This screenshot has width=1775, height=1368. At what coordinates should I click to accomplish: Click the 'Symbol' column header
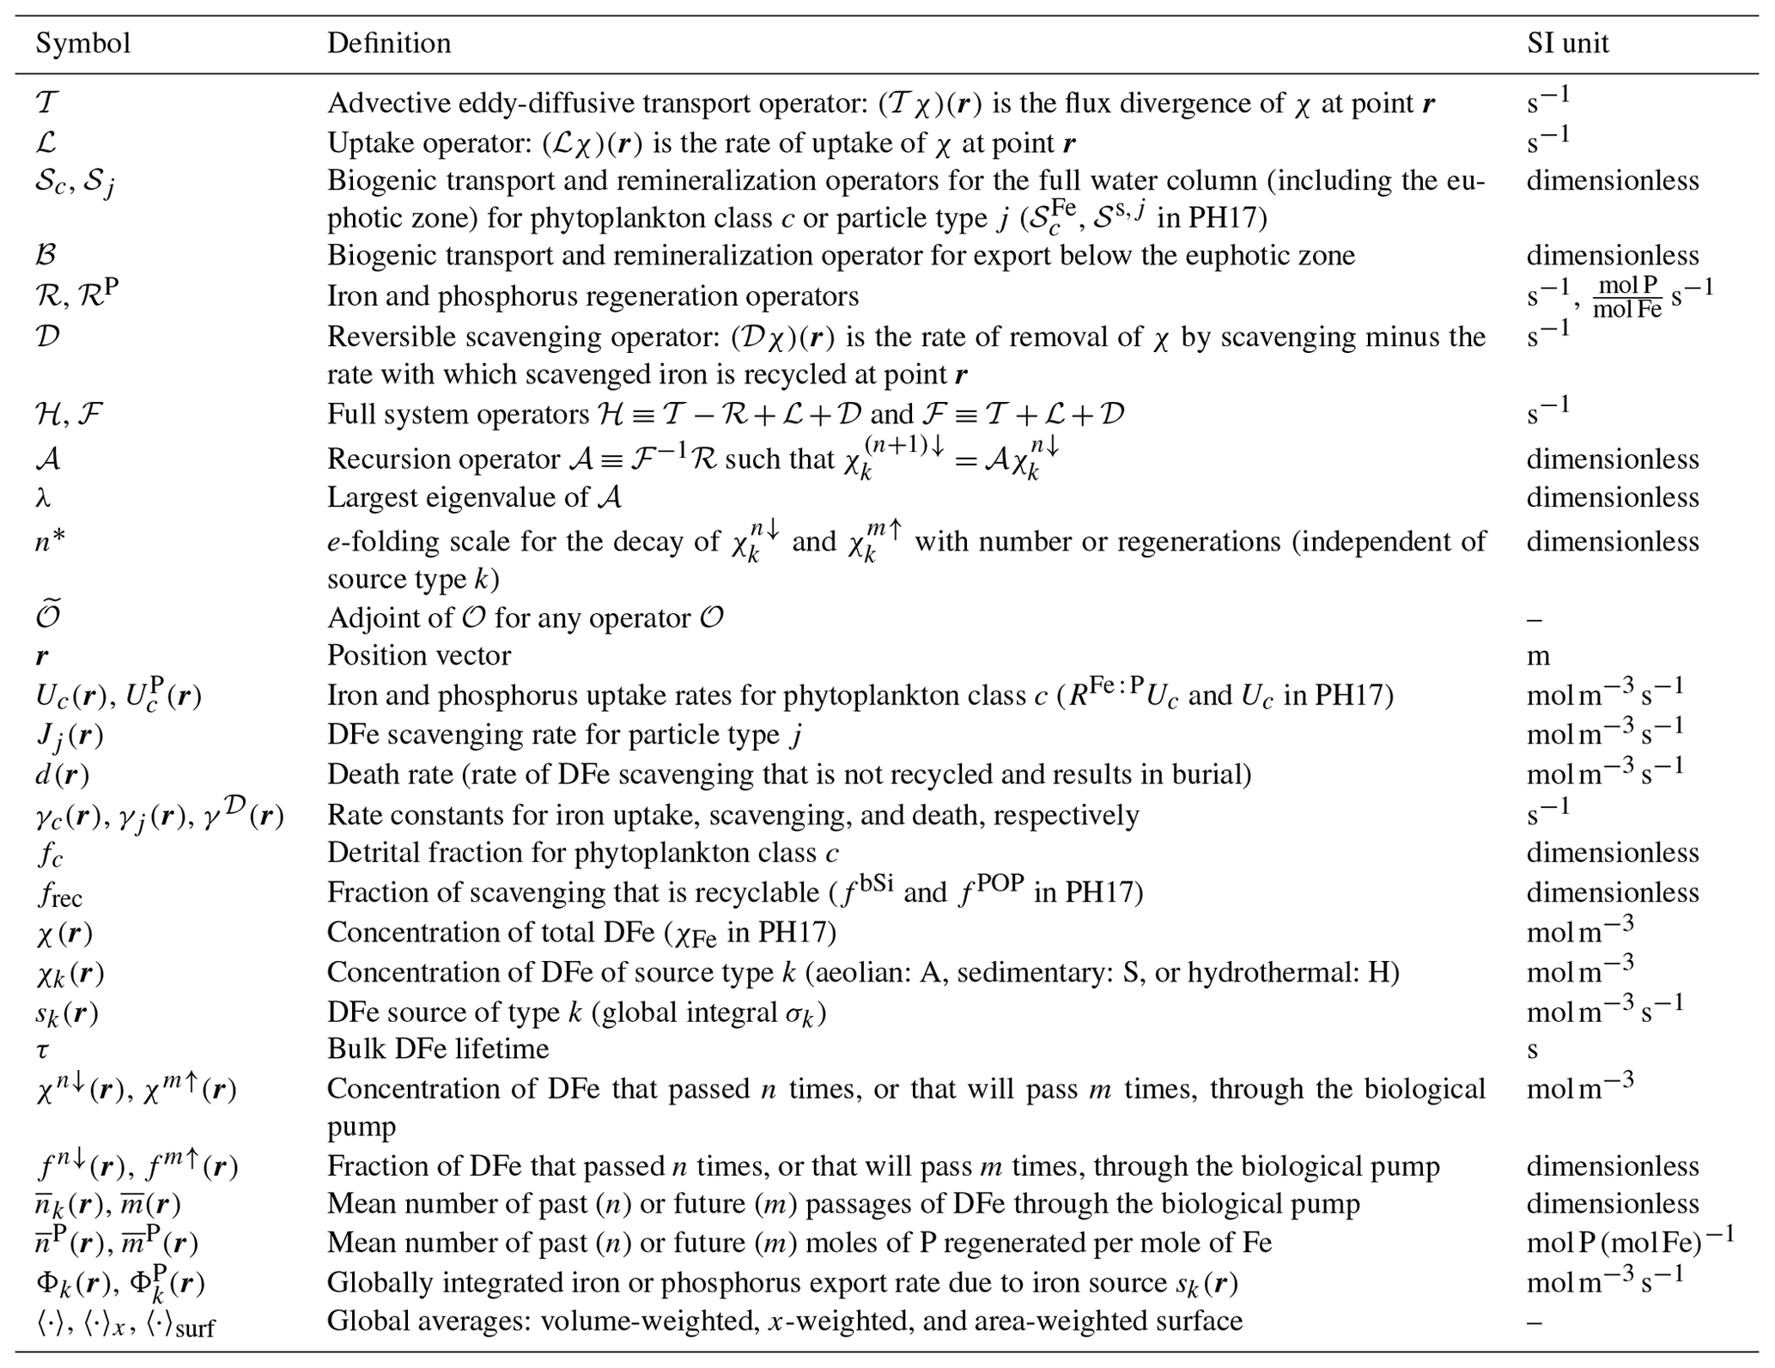pyautogui.click(x=82, y=43)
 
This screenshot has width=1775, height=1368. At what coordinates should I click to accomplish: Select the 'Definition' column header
pyautogui.click(x=388, y=43)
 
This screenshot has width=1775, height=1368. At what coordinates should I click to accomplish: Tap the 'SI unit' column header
pyautogui.click(x=1567, y=43)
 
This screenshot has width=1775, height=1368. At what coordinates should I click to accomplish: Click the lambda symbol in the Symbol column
pyautogui.click(x=42, y=497)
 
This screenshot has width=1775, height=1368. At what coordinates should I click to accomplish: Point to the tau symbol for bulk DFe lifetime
pyautogui.click(x=42, y=1050)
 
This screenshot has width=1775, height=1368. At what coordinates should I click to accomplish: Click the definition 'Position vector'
pyautogui.click(x=418, y=655)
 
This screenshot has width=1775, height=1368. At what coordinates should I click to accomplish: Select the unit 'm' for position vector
pyautogui.click(x=1538, y=656)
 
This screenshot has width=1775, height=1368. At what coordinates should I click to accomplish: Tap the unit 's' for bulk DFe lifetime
pyautogui.click(x=1532, y=1050)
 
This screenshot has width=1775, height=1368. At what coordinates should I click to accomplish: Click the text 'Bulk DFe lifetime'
pyautogui.click(x=438, y=1049)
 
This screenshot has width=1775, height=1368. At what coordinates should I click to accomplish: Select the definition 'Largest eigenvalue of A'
pyautogui.click(x=474, y=497)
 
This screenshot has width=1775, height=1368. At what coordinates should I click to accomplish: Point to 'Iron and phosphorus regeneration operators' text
pyautogui.click(x=593, y=296)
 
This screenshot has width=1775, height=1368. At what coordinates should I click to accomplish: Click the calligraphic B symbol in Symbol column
pyautogui.click(x=46, y=255)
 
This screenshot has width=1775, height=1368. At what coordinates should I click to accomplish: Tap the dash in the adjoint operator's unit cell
pyautogui.click(x=1535, y=618)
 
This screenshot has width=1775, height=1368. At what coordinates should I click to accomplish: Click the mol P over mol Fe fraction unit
pyautogui.click(x=1626, y=297)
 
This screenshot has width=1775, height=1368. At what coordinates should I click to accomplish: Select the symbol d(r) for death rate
pyautogui.click(x=62, y=775)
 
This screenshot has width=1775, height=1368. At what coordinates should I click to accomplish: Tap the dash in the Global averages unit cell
pyautogui.click(x=1535, y=1321)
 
